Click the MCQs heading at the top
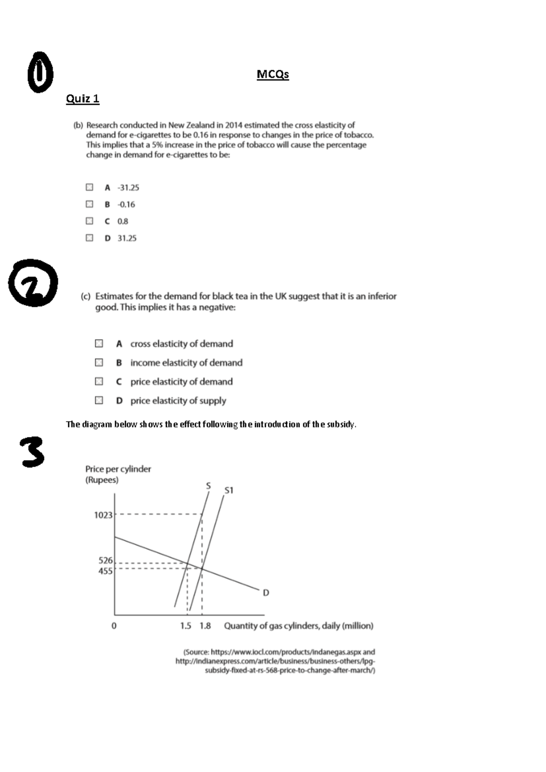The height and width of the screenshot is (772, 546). coord(273,74)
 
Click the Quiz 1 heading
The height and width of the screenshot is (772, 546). coord(82,99)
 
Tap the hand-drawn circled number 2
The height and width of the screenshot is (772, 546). coord(33,283)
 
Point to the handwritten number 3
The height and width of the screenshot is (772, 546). coord(33,452)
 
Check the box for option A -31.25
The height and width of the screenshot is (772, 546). coord(89,187)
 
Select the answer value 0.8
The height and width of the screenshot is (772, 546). coord(122,221)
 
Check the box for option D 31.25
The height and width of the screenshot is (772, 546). coord(89,238)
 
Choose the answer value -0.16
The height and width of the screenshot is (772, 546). coord(126,204)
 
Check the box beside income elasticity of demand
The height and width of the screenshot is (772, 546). coord(99,362)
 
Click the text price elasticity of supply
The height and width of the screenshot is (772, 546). coord(178,401)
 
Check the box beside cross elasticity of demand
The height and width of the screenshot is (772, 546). coord(99,344)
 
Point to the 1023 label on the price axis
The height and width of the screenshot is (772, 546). coord(103,515)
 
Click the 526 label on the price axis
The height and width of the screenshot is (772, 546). coord(105,560)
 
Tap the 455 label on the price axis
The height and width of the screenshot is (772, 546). coord(105,571)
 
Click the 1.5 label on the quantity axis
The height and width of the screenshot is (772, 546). coord(186,626)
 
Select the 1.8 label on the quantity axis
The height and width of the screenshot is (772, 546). coord(205,626)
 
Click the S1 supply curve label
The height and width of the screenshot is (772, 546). coord(229,490)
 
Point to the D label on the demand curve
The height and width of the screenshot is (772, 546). coord(266,593)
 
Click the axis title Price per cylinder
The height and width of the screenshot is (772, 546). coord(118,469)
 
